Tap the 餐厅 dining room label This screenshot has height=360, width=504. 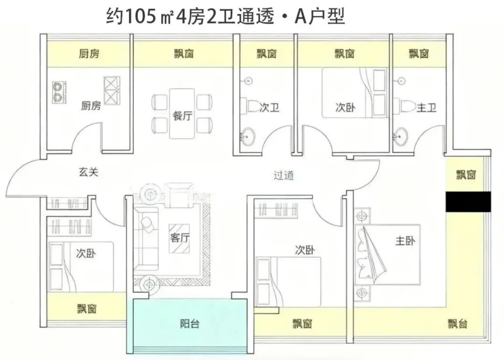pyautogui.click(x=182, y=116)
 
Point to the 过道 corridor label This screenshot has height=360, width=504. pyautogui.click(x=284, y=176)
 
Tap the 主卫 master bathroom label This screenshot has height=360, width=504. pyautogui.click(x=426, y=108)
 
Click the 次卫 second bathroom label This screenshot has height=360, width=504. pyautogui.click(x=269, y=108)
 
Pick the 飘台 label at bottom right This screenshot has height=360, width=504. pyautogui.click(x=457, y=324)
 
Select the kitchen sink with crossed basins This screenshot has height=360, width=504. pyautogui.click(x=112, y=90)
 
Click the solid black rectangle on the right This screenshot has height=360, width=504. pyautogui.click(x=468, y=202)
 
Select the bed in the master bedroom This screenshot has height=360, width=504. pyautogui.click(x=387, y=254)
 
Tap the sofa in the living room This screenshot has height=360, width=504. pyautogui.click(x=146, y=243)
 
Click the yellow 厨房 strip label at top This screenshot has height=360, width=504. pyautogui.click(x=89, y=54)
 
